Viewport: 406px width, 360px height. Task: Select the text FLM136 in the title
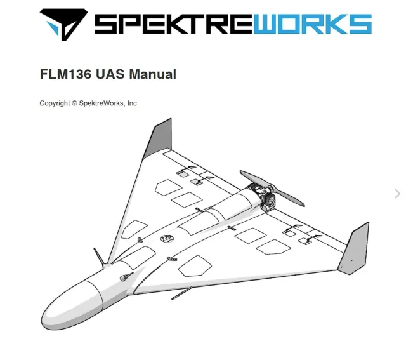pyautogui.click(x=66, y=74)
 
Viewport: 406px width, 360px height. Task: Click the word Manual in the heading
pyautogui.click(x=152, y=74)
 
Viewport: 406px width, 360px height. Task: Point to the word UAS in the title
pyautogui.click(x=110, y=74)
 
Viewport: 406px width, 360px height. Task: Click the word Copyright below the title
pyautogui.click(x=55, y=103)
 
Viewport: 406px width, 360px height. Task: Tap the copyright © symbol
pyautogui.click(x=75, y=103)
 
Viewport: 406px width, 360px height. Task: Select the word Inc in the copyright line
pyautogui.click(x=132, y=103)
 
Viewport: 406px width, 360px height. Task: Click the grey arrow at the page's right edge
pyautogui.click(x=398, y=194)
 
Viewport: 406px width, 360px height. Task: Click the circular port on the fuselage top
pyautogui.click(x=166, y=239)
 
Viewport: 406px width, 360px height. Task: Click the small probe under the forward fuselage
pyautogui.click(x=181, y=293)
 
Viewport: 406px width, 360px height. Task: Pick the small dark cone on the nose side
pyautogui.click(x=126, y=277)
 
